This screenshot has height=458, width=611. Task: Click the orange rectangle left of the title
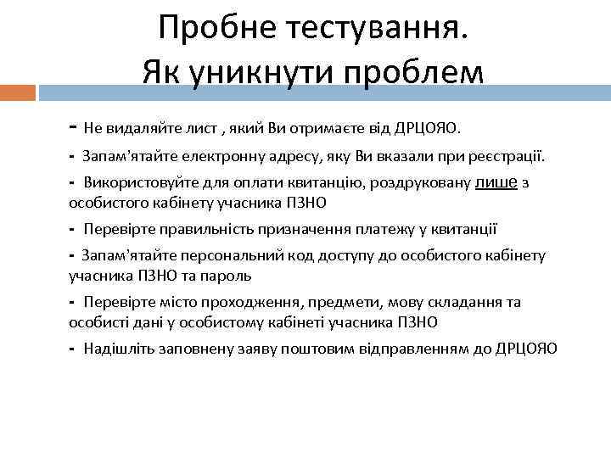(18, 92)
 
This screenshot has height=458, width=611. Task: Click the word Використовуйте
(132, 183)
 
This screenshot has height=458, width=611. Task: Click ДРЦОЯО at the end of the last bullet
(526, 349)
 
